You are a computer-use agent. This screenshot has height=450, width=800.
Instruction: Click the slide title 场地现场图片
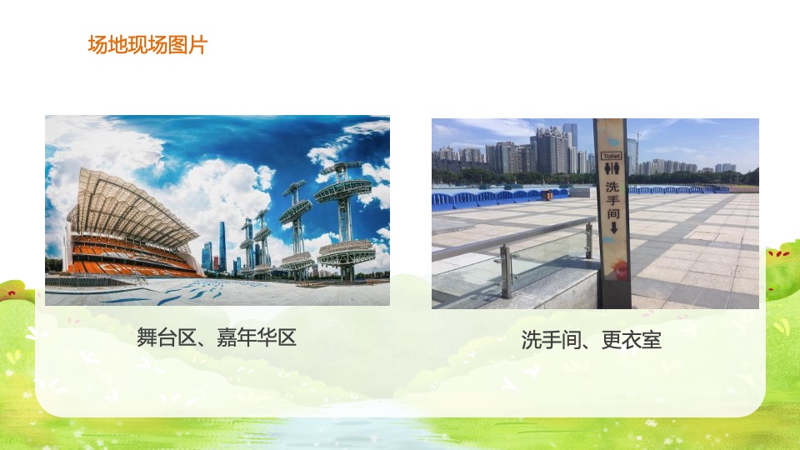pos(147,45)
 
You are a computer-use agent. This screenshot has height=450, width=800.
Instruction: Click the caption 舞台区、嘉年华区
pos(217,337)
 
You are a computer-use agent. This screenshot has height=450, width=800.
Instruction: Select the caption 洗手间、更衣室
pos(591,339)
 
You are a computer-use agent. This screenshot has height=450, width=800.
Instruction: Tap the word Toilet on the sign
pos(611,155)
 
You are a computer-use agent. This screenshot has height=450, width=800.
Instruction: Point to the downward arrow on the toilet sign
pos(612,227)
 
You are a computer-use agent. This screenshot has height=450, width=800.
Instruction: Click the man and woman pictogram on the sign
pos(611,167)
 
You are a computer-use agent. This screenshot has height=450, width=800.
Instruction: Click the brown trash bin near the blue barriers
pos(547,195)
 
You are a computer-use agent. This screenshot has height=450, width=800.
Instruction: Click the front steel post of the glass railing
pos(505,271)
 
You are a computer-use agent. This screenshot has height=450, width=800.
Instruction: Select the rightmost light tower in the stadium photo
pos(343,217)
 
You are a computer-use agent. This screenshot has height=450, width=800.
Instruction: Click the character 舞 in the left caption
pos(147,337)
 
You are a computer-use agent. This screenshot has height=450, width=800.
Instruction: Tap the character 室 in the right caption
pos(651,339)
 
